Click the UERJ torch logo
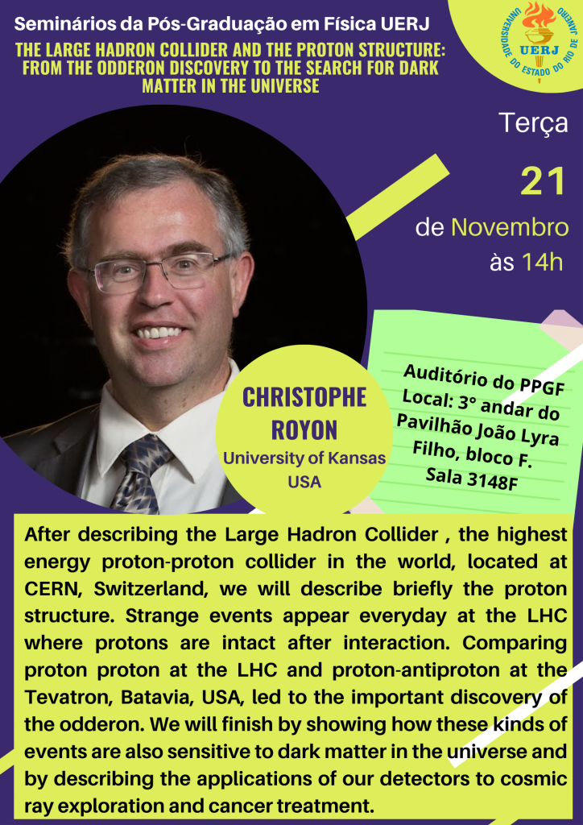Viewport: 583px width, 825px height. (x=537, y=42)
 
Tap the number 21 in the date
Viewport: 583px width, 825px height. (x=544, y=181)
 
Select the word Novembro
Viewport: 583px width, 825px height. (x=510, y=228)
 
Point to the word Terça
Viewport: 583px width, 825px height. (x=534, y=124)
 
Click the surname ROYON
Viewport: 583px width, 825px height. (x=304, y=429)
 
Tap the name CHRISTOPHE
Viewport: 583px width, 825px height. (x=304, y=397)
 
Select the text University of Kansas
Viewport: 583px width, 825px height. (x=304, y=458)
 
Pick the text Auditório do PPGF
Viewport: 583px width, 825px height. (x=484, y=383)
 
